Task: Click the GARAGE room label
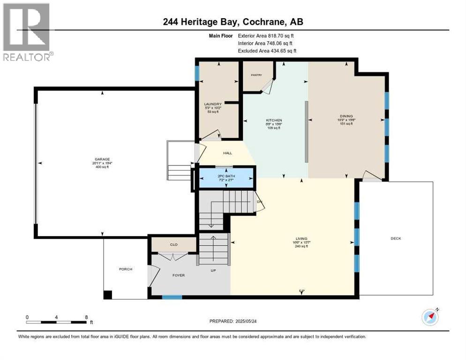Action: (x=102, y=159)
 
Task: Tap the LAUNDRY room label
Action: (x=209, y=104)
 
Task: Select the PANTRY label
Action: (x=256, y=75)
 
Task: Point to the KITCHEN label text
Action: (x=274, y=120)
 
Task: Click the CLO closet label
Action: (x=173, y=244)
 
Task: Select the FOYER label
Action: (x=178, y=275)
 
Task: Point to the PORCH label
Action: (x=126, y=269)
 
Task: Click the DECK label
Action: (x=396, y=238)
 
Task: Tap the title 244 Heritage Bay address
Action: (x=233, y=22)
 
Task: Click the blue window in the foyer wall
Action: (x=172, y=297)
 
